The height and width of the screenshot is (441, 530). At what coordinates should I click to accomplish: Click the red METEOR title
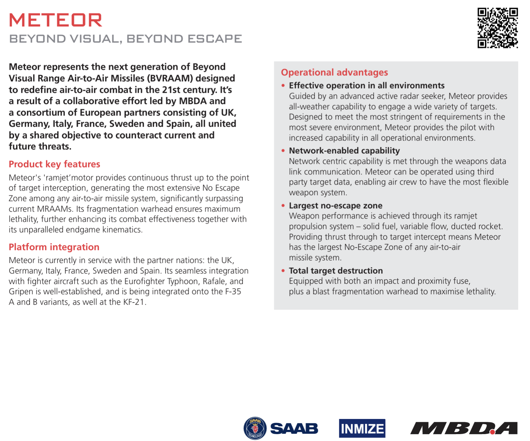56,20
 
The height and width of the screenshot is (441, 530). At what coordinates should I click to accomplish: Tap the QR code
497,28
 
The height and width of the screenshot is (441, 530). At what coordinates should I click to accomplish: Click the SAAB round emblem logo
255,428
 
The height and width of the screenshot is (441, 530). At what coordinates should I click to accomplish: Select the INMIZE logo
362,428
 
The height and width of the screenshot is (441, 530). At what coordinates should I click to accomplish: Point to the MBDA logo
464,428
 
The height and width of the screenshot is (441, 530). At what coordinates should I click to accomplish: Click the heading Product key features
54,164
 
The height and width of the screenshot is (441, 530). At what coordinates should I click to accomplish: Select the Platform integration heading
54,247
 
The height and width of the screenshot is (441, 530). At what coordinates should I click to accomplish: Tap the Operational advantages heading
334,72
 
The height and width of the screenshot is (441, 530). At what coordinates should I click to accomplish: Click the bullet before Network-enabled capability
283,151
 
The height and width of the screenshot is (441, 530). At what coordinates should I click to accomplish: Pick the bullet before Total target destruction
283,271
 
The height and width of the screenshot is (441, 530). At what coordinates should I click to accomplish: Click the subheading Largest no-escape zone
335,206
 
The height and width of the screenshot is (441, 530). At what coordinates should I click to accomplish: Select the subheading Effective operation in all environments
367,86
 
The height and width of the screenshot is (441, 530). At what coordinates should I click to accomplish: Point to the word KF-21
134,302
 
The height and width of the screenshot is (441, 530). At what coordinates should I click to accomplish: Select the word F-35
233,292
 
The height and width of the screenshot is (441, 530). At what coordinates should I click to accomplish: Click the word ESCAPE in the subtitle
215,39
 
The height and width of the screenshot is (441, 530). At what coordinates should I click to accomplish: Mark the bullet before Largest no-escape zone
283,206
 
